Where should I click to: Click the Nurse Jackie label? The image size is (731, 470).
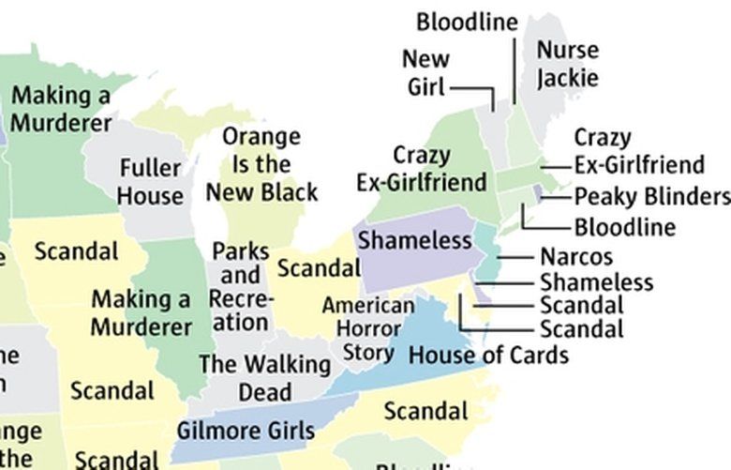pos(567,63)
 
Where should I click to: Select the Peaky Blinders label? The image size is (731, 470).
pos(651,197)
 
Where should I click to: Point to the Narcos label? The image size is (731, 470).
pos(575,257)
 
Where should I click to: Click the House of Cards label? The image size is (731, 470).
pos(488,356)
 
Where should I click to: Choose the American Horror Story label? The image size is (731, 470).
pos(367,329)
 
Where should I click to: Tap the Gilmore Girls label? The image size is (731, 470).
pos(246,431)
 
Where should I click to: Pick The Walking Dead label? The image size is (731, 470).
pos(264,377)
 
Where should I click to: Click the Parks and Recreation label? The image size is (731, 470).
pos(240,287)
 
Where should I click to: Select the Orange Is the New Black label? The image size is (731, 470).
pos(261,165)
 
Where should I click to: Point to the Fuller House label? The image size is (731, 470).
pos(150,182)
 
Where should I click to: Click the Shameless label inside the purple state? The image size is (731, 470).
pos(414,241)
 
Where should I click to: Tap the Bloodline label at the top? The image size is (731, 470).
pos(467,22)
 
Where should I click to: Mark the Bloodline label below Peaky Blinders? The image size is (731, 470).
pos(624,227)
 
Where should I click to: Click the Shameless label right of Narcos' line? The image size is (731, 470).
pos(596,281)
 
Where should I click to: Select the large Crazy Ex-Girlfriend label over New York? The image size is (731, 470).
pos(422,168)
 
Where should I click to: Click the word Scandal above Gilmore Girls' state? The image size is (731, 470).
pos(426,411)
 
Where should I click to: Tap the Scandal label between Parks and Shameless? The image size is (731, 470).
pos(319,268)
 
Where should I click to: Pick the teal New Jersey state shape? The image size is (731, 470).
pos(487,253)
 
